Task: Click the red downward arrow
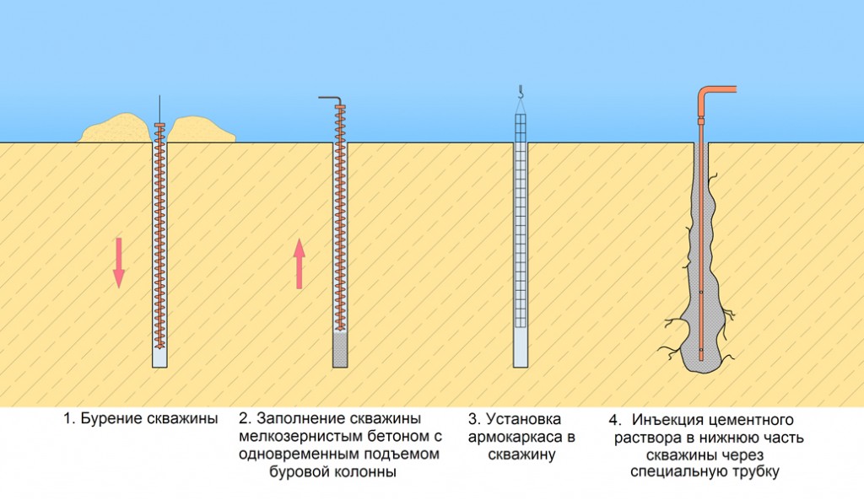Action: (x=118, y=263)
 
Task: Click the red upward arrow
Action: (x=299, y=264)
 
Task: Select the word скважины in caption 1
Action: (x=182, y=419)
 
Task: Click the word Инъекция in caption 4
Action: (x=667, y=420)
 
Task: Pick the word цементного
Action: (x=750, y=420)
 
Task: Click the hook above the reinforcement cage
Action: (x=520, y=91)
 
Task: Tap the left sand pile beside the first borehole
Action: (x=116, y=128)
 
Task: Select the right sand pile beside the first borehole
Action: (x=202, y=130)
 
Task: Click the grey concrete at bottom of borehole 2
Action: (x=340, y=350)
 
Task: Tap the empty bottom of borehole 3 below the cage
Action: (x=521, y=347)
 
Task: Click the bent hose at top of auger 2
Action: (x=330, y=99)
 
